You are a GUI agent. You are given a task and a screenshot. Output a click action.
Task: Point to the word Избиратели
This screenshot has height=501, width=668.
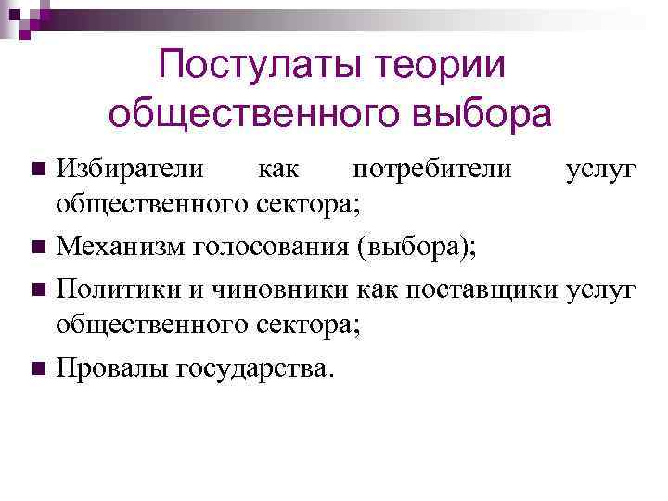pyautogui.click(x=122, y=171)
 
